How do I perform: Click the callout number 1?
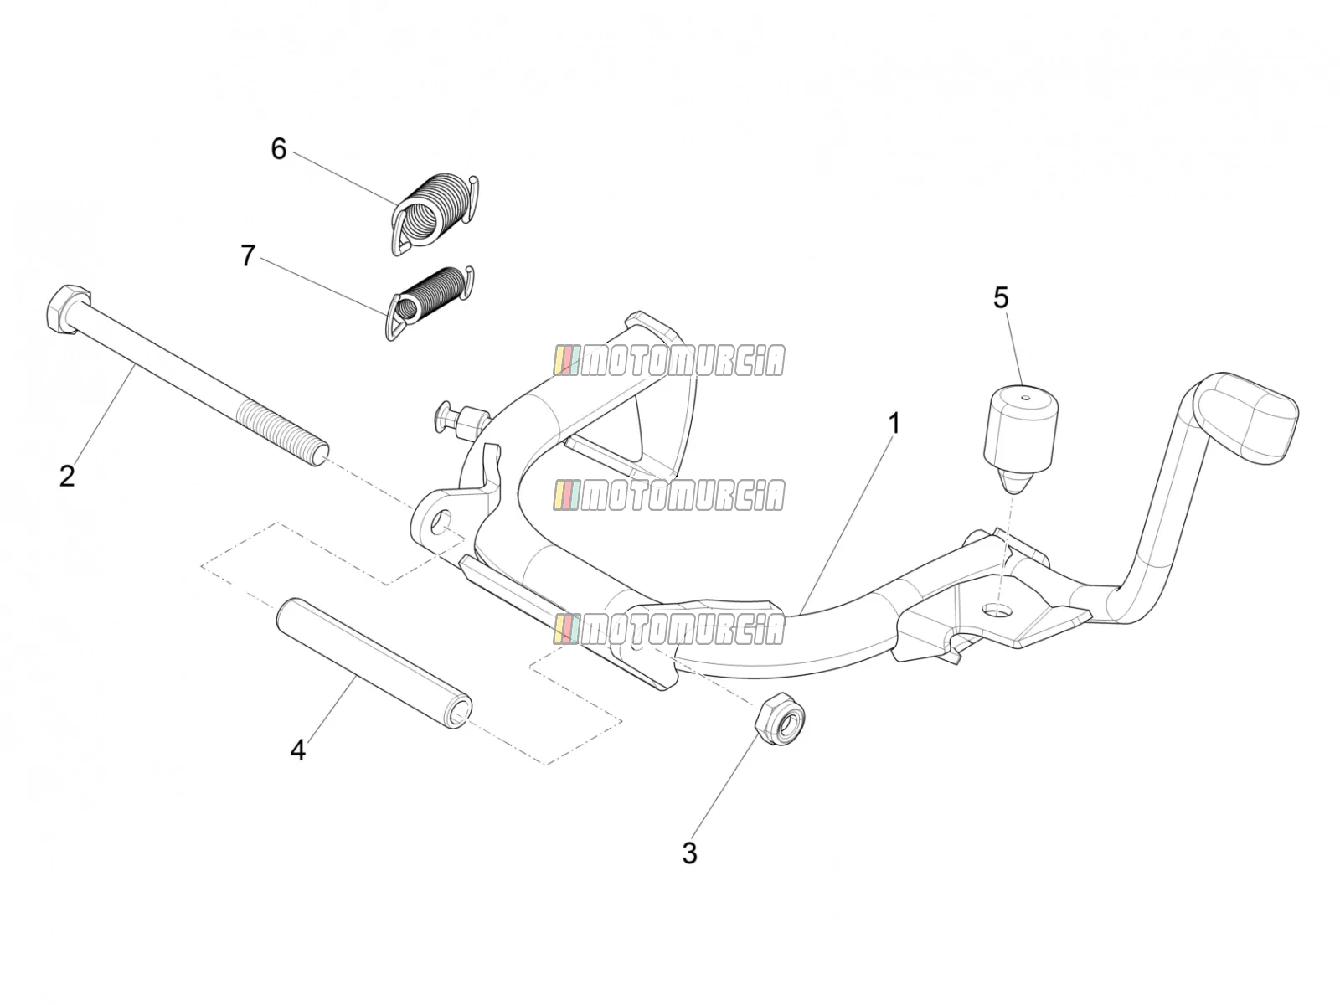point(894,424)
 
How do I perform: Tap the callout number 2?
point(66,476)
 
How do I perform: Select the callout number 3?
point(689,853)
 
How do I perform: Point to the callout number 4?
point(297,750)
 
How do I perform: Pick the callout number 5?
point(1001,298)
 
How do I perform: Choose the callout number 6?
point(278,149)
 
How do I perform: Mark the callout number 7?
point(247,255)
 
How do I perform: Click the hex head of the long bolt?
point(68,308)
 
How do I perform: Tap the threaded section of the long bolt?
point(282,433)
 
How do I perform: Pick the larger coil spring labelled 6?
point(434,213)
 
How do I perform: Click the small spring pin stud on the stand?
point(460,420)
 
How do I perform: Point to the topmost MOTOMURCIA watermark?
point(668,361)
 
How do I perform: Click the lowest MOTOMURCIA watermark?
point(668,629)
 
